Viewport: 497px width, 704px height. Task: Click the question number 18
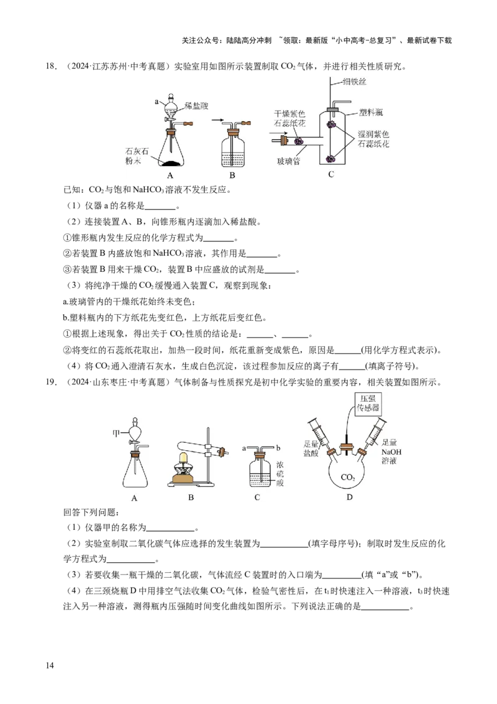coord(51,67)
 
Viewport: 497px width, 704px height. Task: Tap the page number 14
coord(50,665)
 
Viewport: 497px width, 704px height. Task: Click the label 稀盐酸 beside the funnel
coord(196,106)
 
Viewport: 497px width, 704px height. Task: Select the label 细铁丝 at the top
coord(354,81)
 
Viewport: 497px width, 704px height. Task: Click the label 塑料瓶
coord(371,112)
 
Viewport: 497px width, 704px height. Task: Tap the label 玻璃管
coord(288,161)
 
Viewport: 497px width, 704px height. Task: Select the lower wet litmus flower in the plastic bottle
coord(331,158)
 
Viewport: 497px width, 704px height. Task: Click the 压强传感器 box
coord(368,403)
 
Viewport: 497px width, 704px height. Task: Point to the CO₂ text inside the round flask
coord(348,477)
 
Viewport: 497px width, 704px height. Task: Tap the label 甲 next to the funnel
coord(116,433)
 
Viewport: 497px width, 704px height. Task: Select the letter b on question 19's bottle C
coord(278,448)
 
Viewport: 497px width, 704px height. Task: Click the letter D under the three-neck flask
coord(349,497)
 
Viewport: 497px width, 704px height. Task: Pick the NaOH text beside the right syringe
coord(391,452)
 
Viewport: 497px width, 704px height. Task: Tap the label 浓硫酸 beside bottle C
coord(280,474)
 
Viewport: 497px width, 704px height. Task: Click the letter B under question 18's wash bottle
coord(232,175)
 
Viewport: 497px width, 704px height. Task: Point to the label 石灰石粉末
coord(137,156)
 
